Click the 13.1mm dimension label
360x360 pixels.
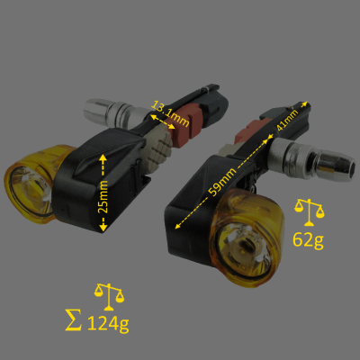pos(168,112)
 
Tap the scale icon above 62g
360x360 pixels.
pos(312,211)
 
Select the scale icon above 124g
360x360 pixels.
pos(109,294)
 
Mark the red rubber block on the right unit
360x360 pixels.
pos(246,134)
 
